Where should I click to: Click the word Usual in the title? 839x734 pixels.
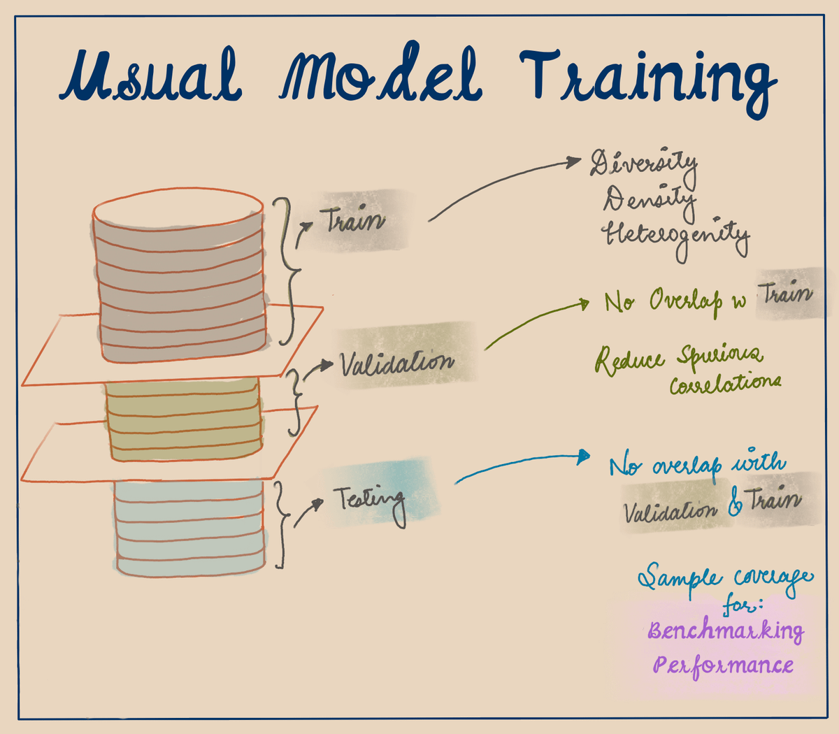(150, 77)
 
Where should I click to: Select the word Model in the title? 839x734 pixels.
(381, 77)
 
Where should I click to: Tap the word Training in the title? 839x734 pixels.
(647, 80)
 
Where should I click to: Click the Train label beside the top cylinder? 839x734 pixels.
(353, 221)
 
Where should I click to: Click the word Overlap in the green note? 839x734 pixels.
(685, 301)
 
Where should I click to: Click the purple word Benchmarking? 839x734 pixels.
(725, 631)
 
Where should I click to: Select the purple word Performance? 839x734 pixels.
(723, 664)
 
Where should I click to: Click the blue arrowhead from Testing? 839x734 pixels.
(584, 458)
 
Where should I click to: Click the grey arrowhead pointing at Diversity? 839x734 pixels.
(583, 162)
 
